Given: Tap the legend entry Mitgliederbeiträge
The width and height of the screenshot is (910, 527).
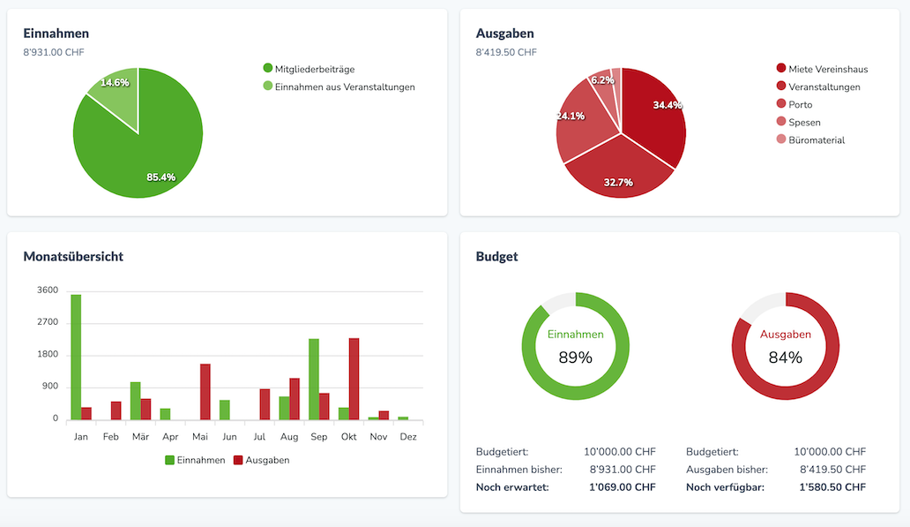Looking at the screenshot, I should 314,69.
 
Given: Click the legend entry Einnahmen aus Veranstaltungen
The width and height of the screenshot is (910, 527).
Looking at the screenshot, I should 344,87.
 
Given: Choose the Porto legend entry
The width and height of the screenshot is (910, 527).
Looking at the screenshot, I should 800,104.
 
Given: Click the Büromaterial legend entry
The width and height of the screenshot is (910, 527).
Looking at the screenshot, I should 817,139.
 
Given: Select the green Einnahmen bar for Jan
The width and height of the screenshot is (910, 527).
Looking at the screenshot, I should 76,358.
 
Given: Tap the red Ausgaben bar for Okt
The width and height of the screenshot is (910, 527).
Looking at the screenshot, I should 354,379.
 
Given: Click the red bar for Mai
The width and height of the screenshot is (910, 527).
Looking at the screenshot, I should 205,391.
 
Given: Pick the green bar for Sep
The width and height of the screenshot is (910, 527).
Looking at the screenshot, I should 314,379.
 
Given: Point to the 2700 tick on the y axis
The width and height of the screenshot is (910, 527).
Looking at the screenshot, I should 48,322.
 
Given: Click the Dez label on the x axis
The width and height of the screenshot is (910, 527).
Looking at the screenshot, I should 408,436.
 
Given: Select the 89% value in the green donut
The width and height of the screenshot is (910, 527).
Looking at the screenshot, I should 575,358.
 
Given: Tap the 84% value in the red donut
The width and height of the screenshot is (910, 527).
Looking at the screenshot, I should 785,358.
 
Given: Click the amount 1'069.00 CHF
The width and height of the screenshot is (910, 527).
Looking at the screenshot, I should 622,487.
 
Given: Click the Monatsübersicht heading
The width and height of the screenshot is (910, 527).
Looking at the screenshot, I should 73,257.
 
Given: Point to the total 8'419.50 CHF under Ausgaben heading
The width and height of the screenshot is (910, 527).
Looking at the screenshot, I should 506,52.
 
